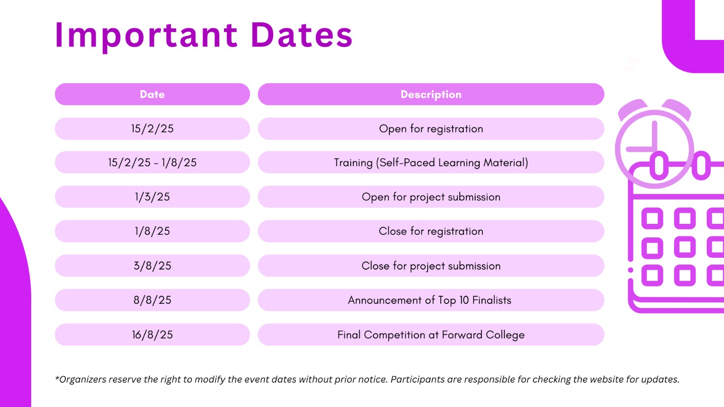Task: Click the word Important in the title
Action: coord(146,36)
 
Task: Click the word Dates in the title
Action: coord(301,34)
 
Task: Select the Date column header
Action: coord(152,95)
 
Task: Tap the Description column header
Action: coord(431,95)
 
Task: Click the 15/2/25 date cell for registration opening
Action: coord(152,128)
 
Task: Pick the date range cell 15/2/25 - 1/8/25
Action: coord(152,162)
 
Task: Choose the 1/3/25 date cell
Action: coord(152,197)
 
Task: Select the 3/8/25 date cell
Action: coord(152,265)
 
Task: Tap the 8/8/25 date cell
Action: coord(152,300)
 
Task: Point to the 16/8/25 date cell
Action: coord(152,335)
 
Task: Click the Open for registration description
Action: coord(431,128)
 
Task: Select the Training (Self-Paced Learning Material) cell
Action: coord(431,162)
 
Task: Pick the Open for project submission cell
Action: coord(431,197)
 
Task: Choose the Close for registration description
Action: coord(431,231)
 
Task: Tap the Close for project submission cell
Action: coord(431,265)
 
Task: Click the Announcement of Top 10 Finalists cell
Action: coord(431,300)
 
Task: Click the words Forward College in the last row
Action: coord(483,335)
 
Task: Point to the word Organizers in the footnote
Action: coord(82,379)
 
